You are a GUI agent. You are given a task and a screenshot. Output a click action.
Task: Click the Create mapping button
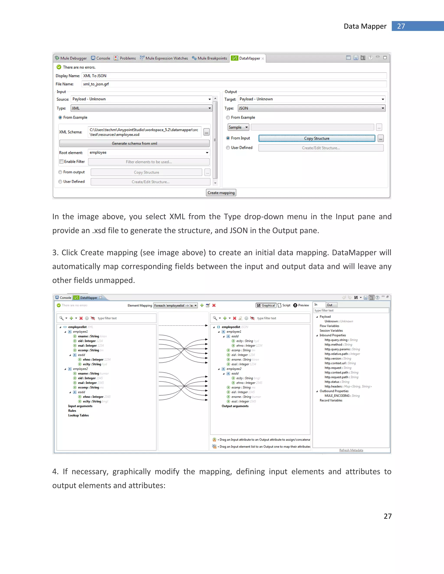[x=221, y=193]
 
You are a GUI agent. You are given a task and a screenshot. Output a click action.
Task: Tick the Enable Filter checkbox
[x=61, y=162]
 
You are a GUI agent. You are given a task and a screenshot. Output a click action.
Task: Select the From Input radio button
[x=228, y=138]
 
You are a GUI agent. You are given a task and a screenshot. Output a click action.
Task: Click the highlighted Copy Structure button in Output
[x=317, y=138]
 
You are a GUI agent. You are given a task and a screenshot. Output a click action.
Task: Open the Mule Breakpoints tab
[x=209, y=58]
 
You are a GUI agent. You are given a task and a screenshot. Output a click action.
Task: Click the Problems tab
[x=125, y=58]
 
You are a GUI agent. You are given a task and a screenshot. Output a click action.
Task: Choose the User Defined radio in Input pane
[x=60, y=182]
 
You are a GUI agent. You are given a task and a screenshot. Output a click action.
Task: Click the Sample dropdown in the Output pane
[x=238, y=127]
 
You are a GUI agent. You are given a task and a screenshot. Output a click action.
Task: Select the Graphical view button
[x=266, y=305]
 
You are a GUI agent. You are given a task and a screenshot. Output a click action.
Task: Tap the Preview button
[x=301, y=305]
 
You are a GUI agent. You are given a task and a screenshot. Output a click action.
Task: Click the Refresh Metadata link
[x=351, y=450]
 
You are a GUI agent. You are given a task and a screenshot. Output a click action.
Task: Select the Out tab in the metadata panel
[x=330, y=305]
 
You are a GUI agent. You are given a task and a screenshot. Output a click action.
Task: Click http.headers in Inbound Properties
[x=333, y=386]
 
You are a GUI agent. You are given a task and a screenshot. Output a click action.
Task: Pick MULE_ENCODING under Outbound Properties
[x=337, y=396]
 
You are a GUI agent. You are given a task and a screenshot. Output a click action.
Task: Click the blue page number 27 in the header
[x=401, y=26]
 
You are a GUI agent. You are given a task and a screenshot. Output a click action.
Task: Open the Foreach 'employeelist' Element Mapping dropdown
[x=175, y=305]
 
